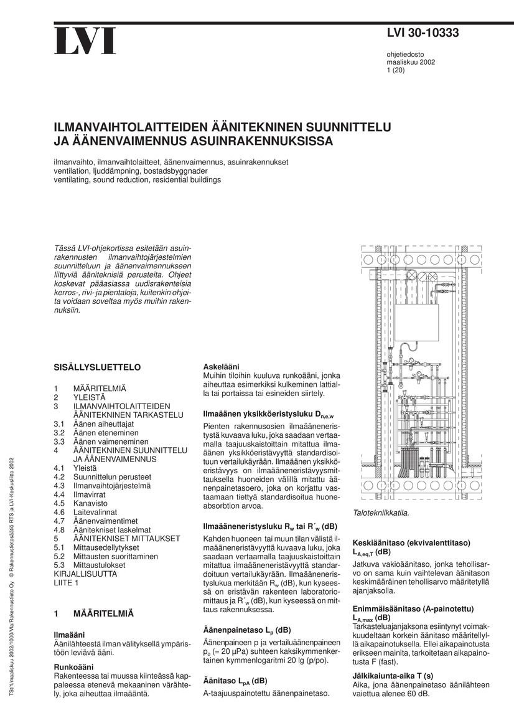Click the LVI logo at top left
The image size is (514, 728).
(x=85, y=41)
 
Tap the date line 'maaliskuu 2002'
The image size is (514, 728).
(x=411, y=62)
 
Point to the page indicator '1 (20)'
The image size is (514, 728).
(x=396, y=70)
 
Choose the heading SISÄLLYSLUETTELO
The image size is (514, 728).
(x=97, y=367)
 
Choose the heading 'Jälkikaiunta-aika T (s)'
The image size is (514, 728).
(x=393, y=676)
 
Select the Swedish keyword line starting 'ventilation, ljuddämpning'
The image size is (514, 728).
(x=131, y=171)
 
